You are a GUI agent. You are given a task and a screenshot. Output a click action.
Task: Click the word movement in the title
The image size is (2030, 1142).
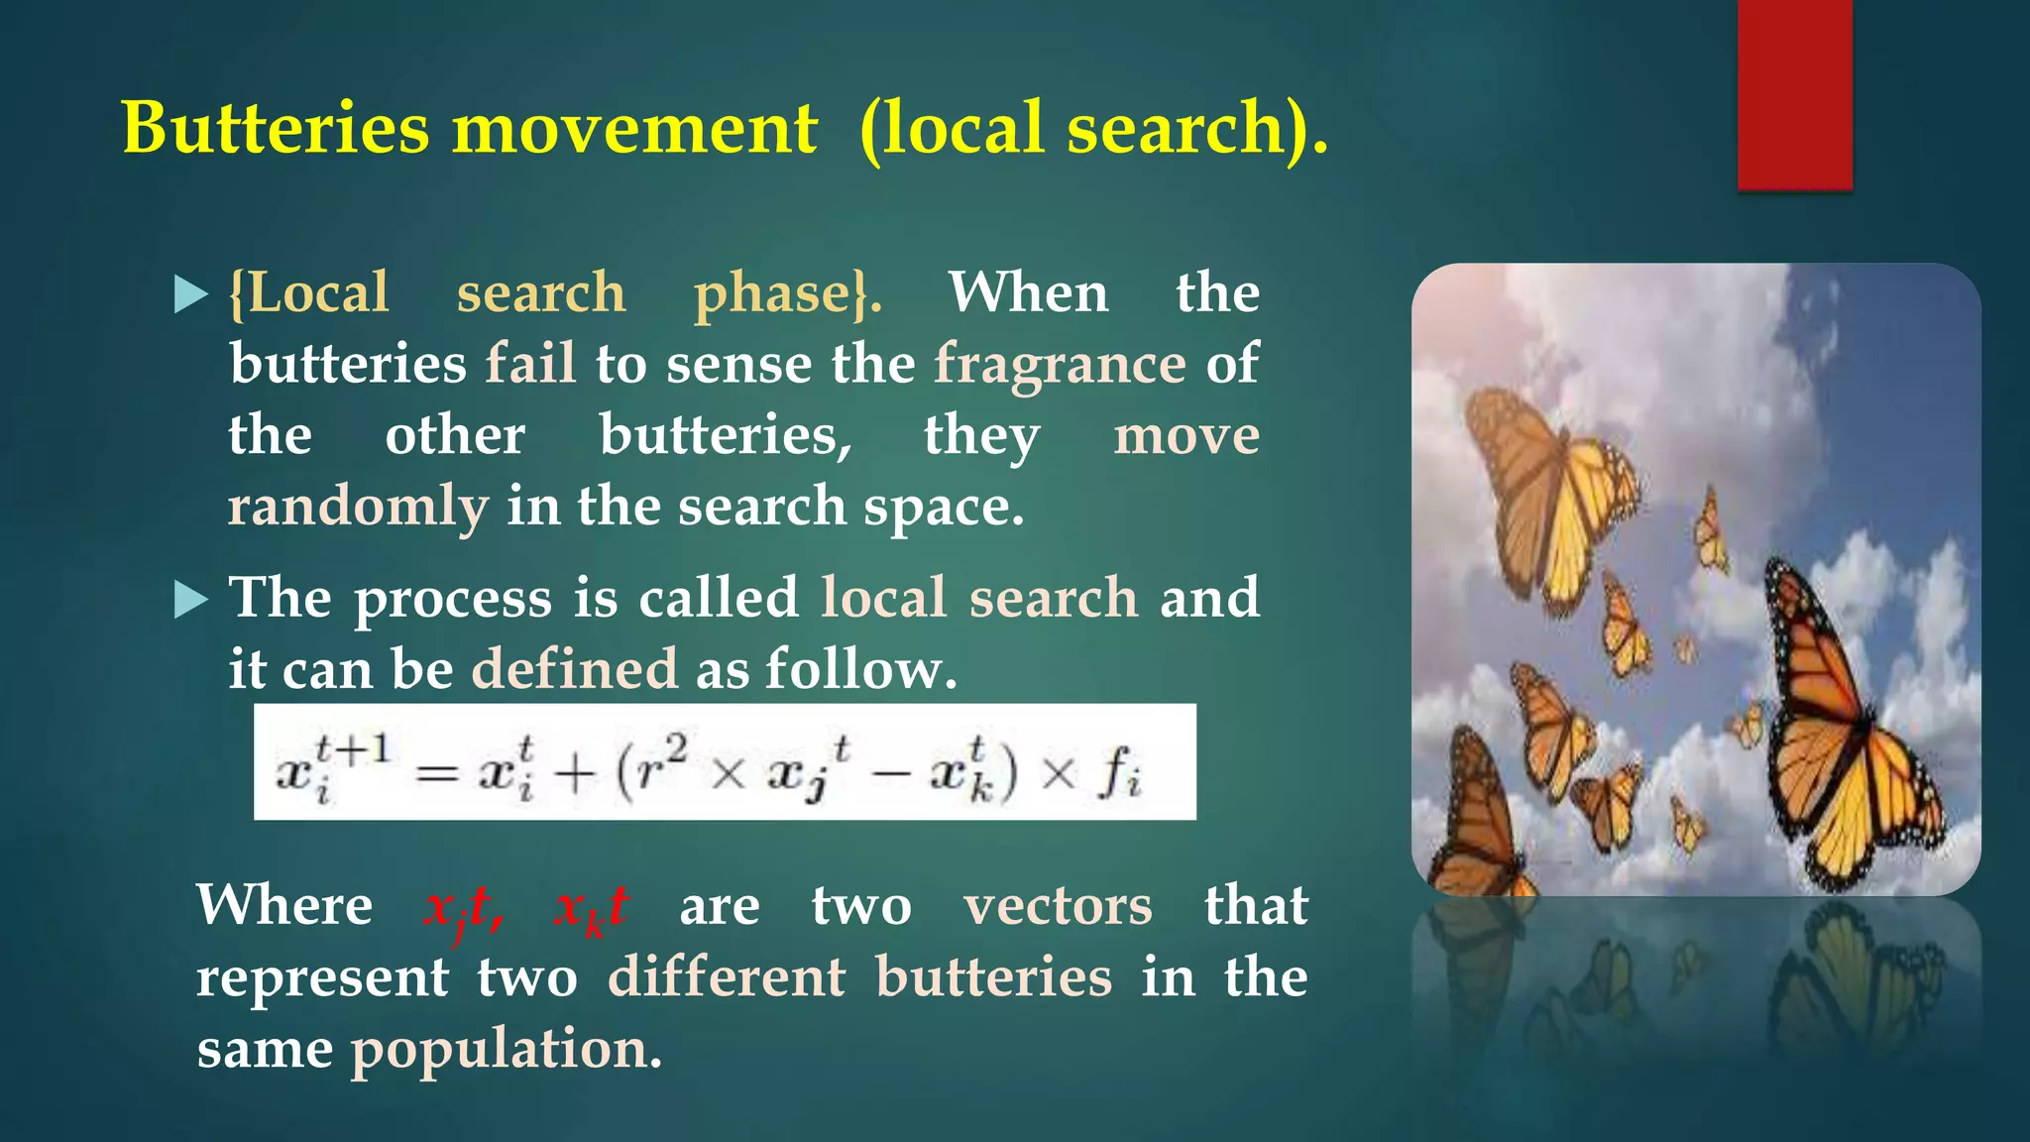[x=634, y=129]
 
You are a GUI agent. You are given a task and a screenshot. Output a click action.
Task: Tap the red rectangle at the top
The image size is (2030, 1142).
[x=1794, y=94]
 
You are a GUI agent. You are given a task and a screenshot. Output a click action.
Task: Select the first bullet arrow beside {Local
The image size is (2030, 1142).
[x=190, y=294]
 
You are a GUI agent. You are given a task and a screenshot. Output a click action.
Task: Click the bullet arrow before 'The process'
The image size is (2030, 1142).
[x=190, y=600]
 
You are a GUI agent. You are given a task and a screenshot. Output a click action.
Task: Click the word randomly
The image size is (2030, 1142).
[x=358, y=508]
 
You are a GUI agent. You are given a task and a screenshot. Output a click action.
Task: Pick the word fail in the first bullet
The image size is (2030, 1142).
[x=530, y=363]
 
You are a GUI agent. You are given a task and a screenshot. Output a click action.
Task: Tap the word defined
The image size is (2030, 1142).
[x=575, y=669]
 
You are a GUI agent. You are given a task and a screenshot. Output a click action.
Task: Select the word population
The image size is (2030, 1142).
[x=506, y=1050]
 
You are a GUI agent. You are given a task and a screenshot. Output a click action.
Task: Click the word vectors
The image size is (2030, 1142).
[x=1058, y=906]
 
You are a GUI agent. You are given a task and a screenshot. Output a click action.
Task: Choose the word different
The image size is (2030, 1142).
[x=727, y=977]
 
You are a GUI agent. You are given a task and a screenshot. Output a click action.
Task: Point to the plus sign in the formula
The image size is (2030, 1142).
[x=574, y=774]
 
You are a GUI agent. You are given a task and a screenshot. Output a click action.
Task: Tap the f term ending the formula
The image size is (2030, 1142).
[x=1120, y=772]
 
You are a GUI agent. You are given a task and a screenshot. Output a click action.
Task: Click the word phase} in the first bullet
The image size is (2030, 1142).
[x=787, y=293]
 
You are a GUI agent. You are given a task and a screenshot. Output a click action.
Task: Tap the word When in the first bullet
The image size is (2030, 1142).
[x=1028, y=293]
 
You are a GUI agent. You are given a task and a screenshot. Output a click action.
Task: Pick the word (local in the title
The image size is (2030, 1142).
[x=952, y=129]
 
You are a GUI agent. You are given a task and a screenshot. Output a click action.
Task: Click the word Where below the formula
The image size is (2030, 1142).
[x=284, y=906]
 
